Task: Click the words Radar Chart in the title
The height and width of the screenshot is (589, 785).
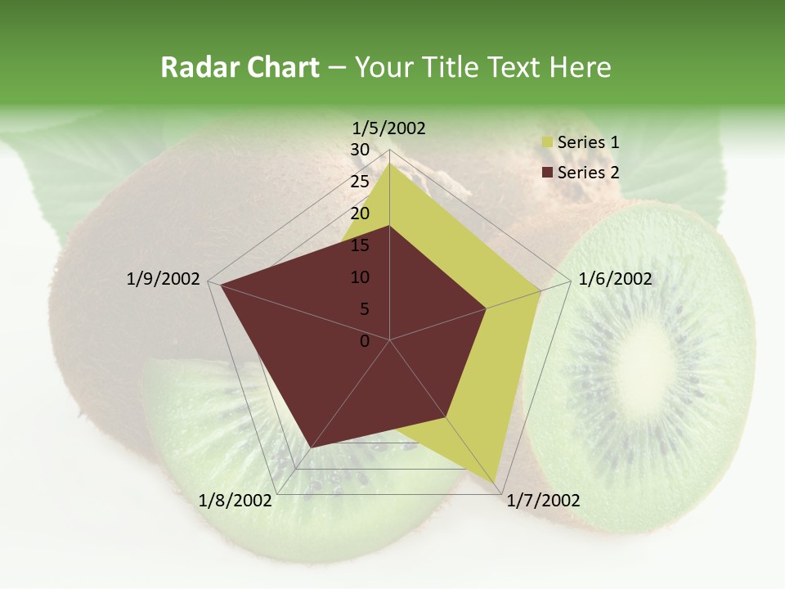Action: (x=240, y=67)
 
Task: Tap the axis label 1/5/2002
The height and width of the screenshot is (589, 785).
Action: (x=389, y=128)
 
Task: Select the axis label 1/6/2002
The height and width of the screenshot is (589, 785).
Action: (x=615, y=279)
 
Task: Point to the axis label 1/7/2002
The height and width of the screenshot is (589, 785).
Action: (x=543, y=501)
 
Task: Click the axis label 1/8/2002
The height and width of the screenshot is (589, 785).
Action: (x=235, y=501)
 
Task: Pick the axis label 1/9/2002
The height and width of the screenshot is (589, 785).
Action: (x=164, y=279)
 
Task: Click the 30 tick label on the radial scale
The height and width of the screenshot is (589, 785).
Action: (x=360, y=150)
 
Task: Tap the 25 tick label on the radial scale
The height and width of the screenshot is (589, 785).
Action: (x=360, y=182)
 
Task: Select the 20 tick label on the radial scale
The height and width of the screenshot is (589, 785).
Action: (x=360, y=214)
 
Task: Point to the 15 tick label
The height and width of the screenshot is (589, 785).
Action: (x=360, y=245)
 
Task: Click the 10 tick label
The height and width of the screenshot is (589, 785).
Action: (x=360, y=277)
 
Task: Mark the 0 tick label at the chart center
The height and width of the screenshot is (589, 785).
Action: (x=365, y=341)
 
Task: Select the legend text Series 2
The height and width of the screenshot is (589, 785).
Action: (x=588, y=173)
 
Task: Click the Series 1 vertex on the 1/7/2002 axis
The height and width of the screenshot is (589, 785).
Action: (x=497, y=482)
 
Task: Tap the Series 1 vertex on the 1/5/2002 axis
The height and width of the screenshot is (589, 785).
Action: (x=390, y=163)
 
